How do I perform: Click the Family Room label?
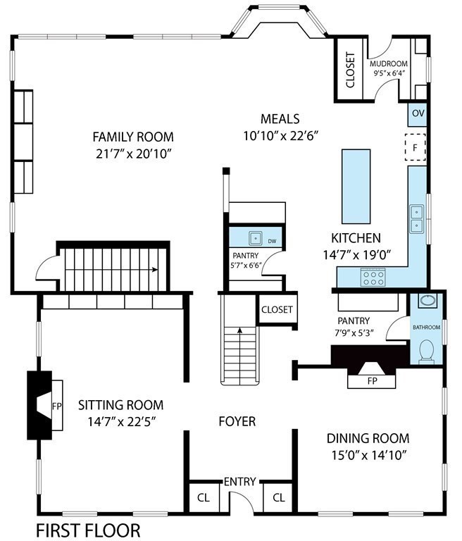(133, 137)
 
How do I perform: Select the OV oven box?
(418, 113)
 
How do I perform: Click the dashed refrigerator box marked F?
(416, 147)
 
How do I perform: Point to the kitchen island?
(356, 186)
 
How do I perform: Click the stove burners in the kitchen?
(373, 278)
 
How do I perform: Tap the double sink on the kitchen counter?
(417, 219)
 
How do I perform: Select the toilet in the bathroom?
(427, 352)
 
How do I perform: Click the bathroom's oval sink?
(427, 301)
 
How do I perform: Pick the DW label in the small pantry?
(272, 242)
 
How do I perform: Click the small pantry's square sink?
(256, 237)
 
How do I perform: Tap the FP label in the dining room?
(373, 381)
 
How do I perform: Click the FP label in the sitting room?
(57, 406)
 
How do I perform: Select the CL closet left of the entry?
(204, 497)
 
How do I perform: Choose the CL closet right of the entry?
(278, 497)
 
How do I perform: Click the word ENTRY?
(239, 482)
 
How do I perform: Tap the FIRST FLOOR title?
(88, 530)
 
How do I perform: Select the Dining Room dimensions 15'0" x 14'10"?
(368, 456)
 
